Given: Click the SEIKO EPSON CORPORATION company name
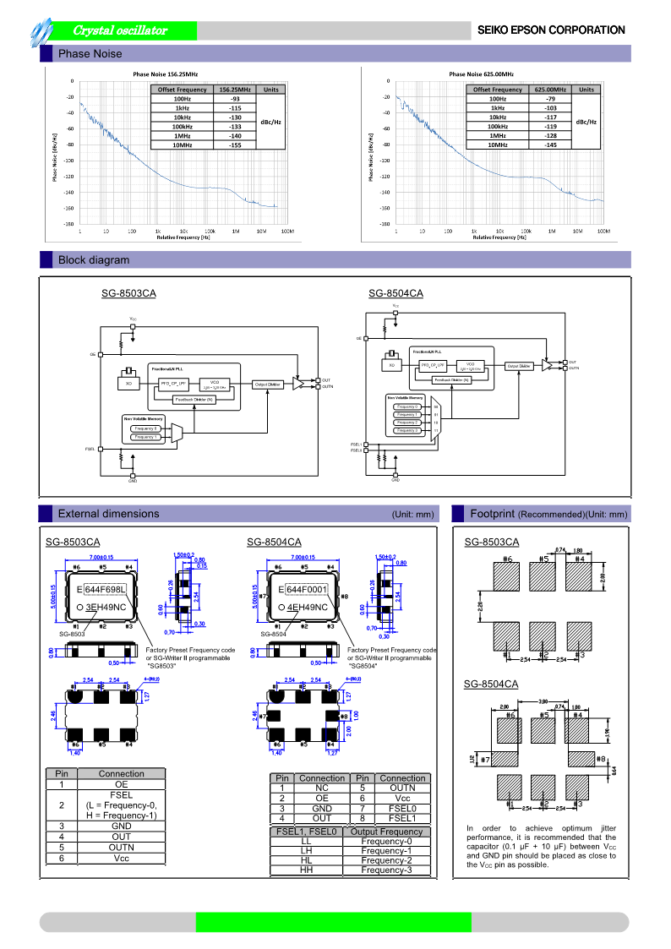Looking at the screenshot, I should click(x=551, y=30).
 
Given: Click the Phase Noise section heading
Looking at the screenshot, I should click(x=90, y=54).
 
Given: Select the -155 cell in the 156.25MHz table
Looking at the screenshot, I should click(x=235, y=145).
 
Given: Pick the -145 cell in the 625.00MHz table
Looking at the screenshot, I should click(x=550, y=145).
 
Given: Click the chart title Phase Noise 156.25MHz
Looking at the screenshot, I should click(x=166, y=74).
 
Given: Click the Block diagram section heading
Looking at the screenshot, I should click(x=93, y=260).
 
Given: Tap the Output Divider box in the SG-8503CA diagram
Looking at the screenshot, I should click(x=268, y=384).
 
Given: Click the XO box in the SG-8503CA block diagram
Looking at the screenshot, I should click(x=129, y=384).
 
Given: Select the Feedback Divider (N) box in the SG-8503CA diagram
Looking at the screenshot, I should click(x=194, y=399).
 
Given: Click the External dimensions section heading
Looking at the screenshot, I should click(x=108, y=514).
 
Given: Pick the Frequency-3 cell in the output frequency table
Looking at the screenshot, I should click(x=386, y=870).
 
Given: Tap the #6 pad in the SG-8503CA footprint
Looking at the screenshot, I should click(x=507, y=577).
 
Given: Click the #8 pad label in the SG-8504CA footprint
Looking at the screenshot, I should click(x=601, y=759).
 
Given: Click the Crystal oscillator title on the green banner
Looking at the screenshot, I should click(x=120, y=30).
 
